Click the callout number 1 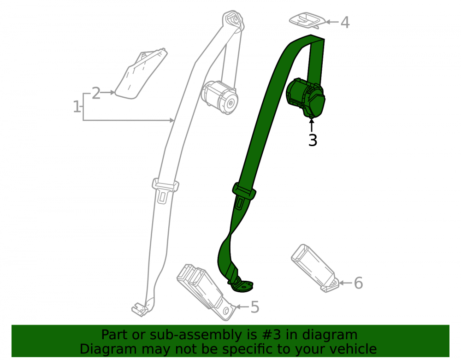pyautogui.click(x=77, y=106)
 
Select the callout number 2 pyautogui.click(x=96, y=93)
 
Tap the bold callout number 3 pyautogui.click(x=313, y=140)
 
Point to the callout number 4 pyautogui.click(x=345, y=22)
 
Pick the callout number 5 pyautogui.click(x=254, y=307)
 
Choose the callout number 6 pyautogui.click(x=358, y=283)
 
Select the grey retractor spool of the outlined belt pyautogui.click(x=219, y=97)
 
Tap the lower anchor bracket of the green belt pyautogui.click(x=242, y=285)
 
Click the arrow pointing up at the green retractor pyautogui.click(x=312, y=124)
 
